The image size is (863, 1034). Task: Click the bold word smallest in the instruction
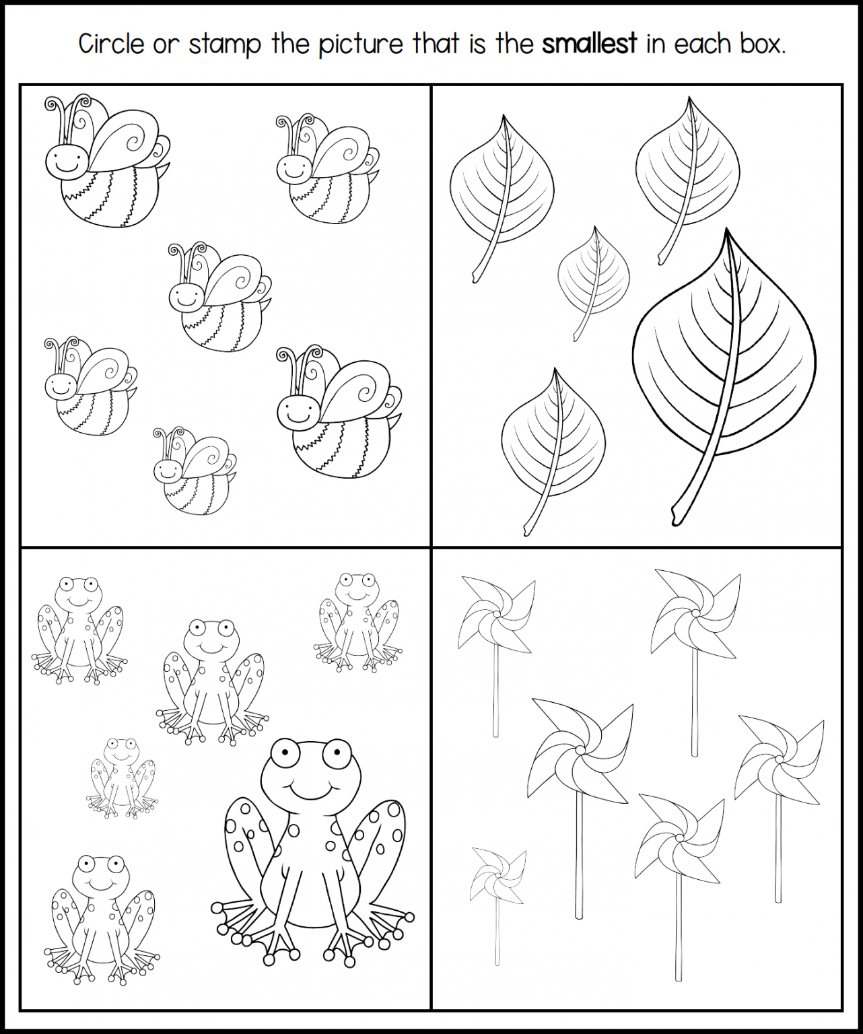point(590,44)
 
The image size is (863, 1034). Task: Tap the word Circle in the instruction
point(112,44)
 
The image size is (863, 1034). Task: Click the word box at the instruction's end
point(760,44)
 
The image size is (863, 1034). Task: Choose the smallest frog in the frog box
point(122,778)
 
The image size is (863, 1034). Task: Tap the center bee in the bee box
point(219,297)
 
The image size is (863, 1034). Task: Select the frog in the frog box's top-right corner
point(357,623)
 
